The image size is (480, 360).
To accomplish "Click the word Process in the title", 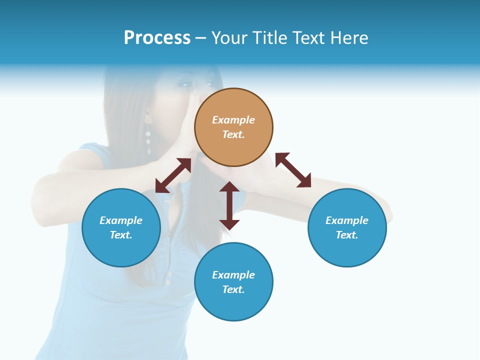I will point(157,38).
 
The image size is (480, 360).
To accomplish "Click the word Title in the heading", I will point(267,38).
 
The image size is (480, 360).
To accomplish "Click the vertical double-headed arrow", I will point(229,205).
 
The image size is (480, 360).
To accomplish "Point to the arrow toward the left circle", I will point(173,175).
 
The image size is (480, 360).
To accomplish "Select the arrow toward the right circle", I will point(293,170).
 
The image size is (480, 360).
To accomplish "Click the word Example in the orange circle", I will point(233,120).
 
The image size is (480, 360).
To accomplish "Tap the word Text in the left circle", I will point(121,235).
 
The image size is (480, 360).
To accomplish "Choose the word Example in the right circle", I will point(347,220).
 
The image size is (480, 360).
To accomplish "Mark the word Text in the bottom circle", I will point(233,289).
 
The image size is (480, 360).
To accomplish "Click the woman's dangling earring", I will point(148,135).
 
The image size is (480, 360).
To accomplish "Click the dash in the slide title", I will point(201,38).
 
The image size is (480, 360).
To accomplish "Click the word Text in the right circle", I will point(347,235).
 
